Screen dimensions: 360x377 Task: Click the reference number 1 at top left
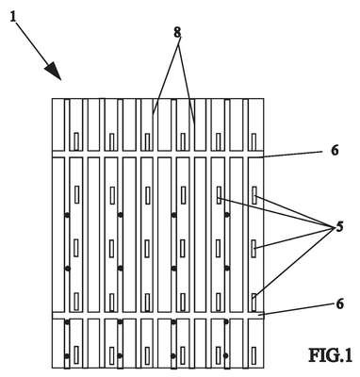(x=12, y=16)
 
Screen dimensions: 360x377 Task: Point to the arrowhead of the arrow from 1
(x=53, y=71)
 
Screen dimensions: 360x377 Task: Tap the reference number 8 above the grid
(x=178, y=32)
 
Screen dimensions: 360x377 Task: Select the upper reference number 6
(x=335, y=151)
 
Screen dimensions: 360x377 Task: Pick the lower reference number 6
(x=339, y=303)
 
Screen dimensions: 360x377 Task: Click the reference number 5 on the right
(x=339, y=226)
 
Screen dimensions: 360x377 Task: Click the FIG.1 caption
(x=331, y=355)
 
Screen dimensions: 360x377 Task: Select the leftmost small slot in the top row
(x=76, y=141)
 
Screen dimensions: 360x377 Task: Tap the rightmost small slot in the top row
(x=254, y=141)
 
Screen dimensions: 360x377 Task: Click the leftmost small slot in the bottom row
(x=76, y=355)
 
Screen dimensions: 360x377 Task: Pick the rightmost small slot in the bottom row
(x=254, y=355)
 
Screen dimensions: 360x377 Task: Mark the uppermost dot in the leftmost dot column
(x=67, y=215)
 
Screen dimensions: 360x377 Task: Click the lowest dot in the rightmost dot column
(x=226, y=355)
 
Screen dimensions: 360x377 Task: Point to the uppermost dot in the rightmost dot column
(x=227, y=215)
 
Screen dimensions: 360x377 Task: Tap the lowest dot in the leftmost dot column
(x=67, y=356)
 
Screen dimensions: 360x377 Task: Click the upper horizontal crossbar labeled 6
(x=157, y=154)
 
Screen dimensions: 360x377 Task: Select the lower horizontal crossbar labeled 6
(x=157, y=316)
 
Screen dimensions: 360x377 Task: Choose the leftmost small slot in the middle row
(x=76, y=248)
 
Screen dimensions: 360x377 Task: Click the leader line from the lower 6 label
(x=296, y=309)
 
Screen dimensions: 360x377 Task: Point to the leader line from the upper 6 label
(x=293, y=154)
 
